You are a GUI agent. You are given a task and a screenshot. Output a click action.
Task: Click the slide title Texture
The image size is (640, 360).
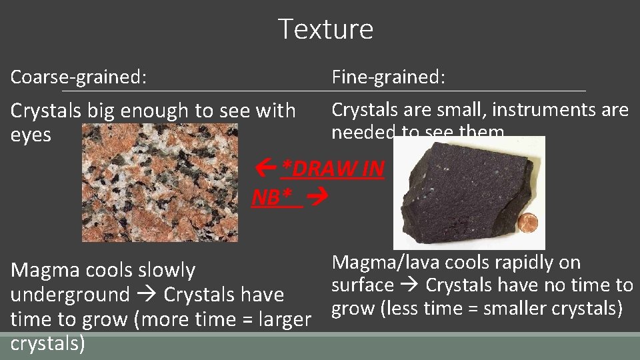pos(325,29)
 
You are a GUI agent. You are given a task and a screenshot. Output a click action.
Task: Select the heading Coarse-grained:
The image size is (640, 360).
pos(79,77)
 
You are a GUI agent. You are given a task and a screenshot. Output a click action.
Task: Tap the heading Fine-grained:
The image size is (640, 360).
pos(389,77)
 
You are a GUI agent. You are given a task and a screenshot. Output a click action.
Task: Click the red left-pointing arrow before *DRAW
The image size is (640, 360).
pos(268,169)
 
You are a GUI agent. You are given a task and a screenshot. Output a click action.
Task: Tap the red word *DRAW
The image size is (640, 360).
pos(320,169)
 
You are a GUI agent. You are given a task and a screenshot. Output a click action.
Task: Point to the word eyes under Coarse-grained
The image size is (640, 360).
pos(31,135)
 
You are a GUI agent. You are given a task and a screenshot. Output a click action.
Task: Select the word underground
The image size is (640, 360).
pos(70,295)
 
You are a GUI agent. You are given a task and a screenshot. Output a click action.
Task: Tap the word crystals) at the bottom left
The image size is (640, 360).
pos(47,344)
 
